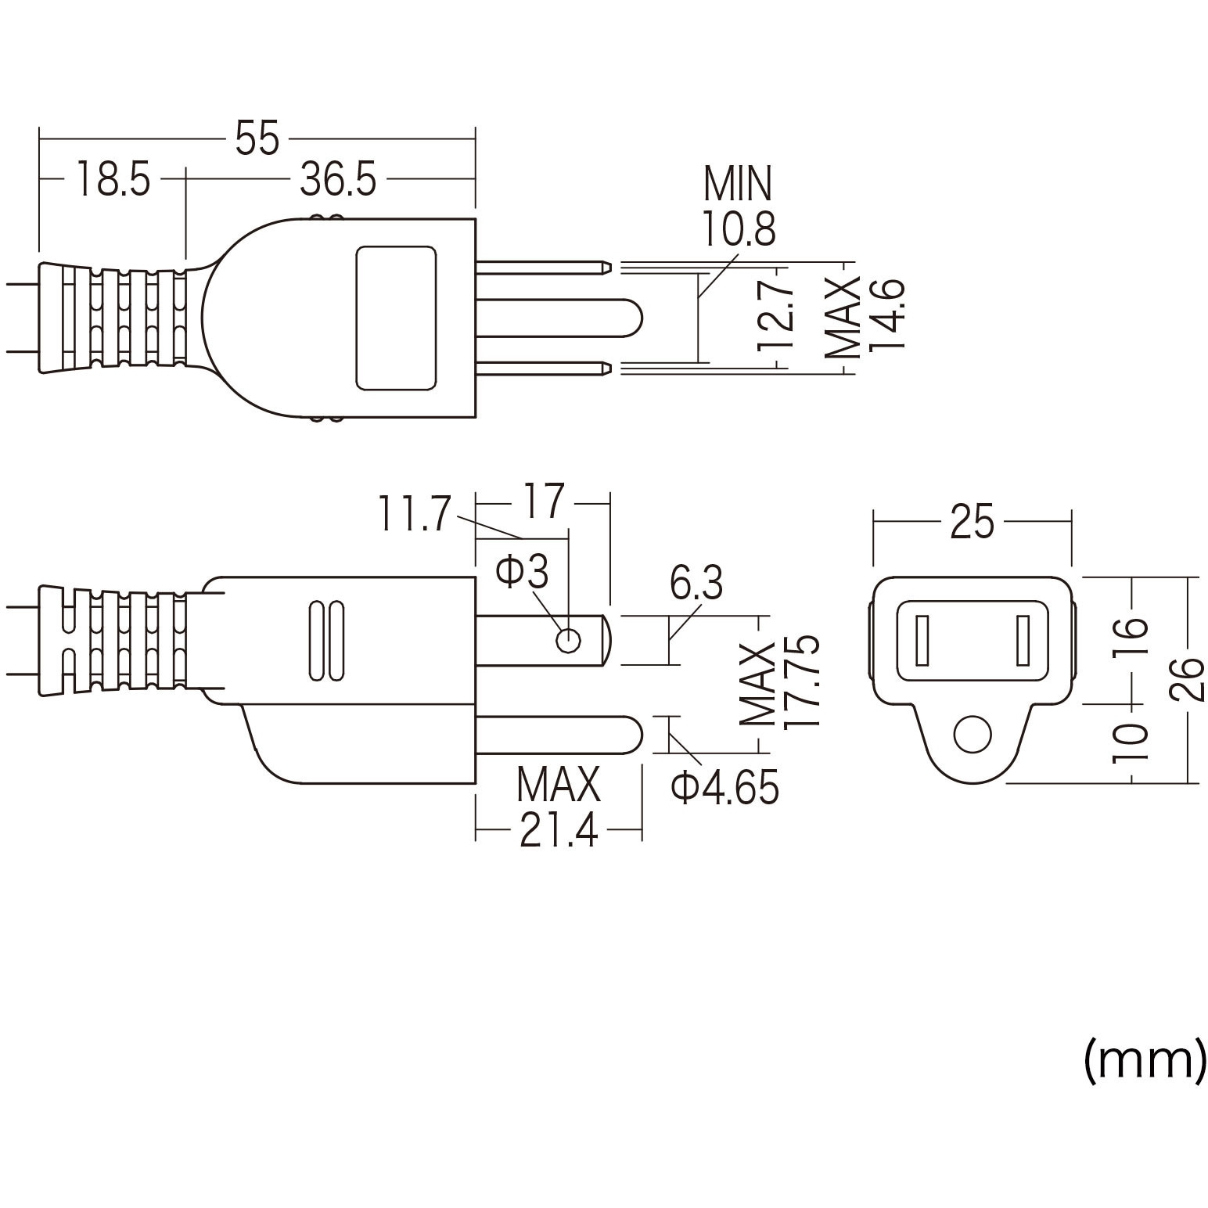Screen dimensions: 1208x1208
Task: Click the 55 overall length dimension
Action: coord(257,139)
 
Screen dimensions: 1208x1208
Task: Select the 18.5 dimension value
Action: coord(113,179)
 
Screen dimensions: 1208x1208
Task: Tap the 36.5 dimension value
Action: coord(338,179)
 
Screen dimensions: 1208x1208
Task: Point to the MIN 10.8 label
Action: coord(738,206)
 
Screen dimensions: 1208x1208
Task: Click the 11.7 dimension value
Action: coord(414,514)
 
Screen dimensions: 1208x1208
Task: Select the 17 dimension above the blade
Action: coord(543,502)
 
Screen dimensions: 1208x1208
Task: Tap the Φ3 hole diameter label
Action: coord(522,572)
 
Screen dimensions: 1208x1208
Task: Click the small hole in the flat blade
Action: coord(568,641)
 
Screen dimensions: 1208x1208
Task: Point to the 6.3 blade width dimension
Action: coord(696,584)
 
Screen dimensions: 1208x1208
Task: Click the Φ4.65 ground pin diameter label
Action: coord(724,788)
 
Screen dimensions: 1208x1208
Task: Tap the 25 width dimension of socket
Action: coord(972,522)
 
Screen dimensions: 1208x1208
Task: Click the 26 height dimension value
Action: coord(1189,679)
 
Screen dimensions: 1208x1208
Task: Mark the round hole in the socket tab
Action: coord(972,734)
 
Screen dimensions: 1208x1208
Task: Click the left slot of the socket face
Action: coord(922,640)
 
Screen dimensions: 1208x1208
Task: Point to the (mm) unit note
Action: coord(1144,1061)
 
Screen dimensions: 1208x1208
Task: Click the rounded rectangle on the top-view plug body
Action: coord(396,318)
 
